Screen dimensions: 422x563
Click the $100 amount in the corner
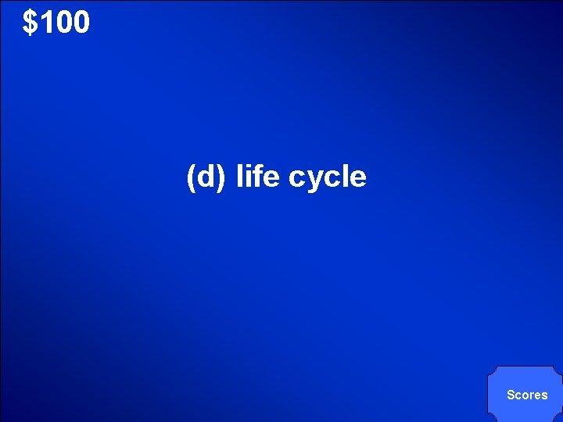tap(56, 23)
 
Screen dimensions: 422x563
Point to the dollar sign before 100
tap(30, 23)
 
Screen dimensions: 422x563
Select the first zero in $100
tap(63, 23)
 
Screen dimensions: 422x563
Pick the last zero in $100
tap(81, 23)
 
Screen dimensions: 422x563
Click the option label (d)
tap(206, 177)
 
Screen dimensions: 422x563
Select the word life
tap(257, 177)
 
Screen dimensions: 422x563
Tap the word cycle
tap(327, 178)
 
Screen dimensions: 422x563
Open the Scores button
tap(527, 395)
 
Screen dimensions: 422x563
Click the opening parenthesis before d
tap(191, 178)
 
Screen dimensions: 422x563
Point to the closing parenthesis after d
tap(222, 178)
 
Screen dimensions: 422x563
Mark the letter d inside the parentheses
tap(206, 177)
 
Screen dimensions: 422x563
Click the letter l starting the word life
tap(239, 177)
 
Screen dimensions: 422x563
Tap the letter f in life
tap(256, 177)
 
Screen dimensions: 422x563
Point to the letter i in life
tap(247, 177)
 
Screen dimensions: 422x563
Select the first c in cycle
tap(296, 179)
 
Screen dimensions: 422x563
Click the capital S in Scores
tap(511, 395)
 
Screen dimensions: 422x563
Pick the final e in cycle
tap(357, 179)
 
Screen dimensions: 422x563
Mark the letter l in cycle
tap(343, 177)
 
